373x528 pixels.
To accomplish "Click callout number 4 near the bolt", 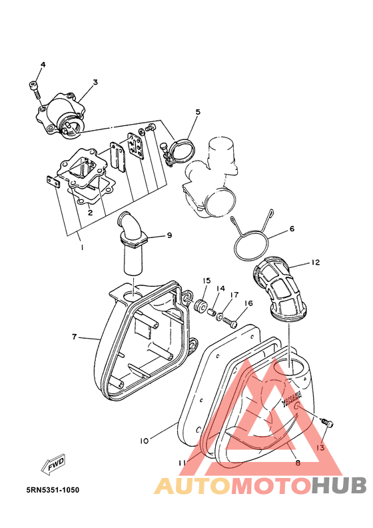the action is (x=43, y=65).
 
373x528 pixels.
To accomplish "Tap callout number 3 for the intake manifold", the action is (x=95, y=82).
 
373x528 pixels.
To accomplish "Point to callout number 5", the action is (x=198, y=111).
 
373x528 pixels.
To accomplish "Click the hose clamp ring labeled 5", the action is (x=182, y=151).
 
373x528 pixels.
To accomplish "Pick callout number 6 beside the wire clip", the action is (x=292, y=229).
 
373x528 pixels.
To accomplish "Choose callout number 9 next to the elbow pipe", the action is (x=169, y=235).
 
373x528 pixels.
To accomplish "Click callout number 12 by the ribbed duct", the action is (x=315, y=262).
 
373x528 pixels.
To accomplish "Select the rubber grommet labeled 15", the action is (x=200, y=305).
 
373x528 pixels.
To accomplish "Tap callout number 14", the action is (x=220, y=289).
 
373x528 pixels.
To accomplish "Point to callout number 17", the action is (x=234, y=295).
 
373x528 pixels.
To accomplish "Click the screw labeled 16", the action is (x=230, y=322).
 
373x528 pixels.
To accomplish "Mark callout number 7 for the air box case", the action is (x=75, y=337).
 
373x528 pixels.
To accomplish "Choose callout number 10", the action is (x=145, y=441).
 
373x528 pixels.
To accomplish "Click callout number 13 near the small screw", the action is (x=320, y=447).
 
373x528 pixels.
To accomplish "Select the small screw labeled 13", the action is (x=327, y=422).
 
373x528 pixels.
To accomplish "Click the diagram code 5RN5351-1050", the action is (x=53, y=489).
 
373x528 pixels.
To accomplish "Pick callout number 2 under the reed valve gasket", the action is (x=90, y=213).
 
